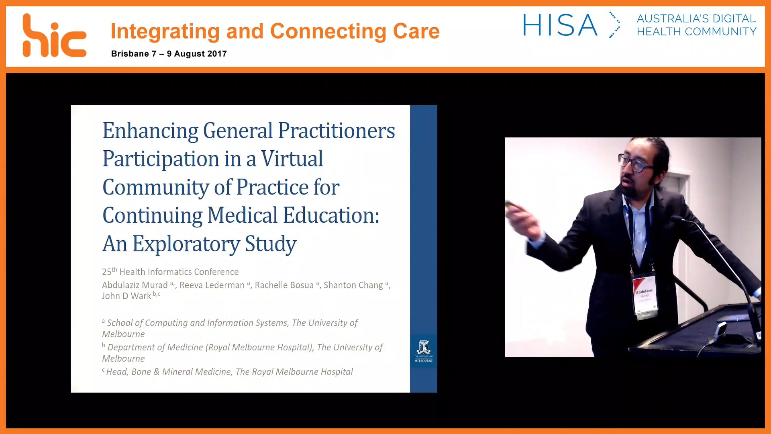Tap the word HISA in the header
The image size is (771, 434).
tap(560, 25)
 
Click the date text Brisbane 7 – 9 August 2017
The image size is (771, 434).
tap(169, 54)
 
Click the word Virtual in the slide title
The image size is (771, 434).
tap(292, 159)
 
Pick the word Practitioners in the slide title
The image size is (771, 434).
tap(337, 131)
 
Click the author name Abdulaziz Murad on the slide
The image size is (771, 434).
tap(135, 285)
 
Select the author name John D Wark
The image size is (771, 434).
tap(126, 296)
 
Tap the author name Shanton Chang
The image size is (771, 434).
tap(353, 285)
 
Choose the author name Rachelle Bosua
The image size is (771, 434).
tap(284, 285)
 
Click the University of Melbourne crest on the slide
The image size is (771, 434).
tap(424, 348)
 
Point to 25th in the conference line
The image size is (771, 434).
tap(109, 272)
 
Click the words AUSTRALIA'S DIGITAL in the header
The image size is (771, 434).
tap(696, 18)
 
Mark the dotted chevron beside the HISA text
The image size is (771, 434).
tap(614, 25)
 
